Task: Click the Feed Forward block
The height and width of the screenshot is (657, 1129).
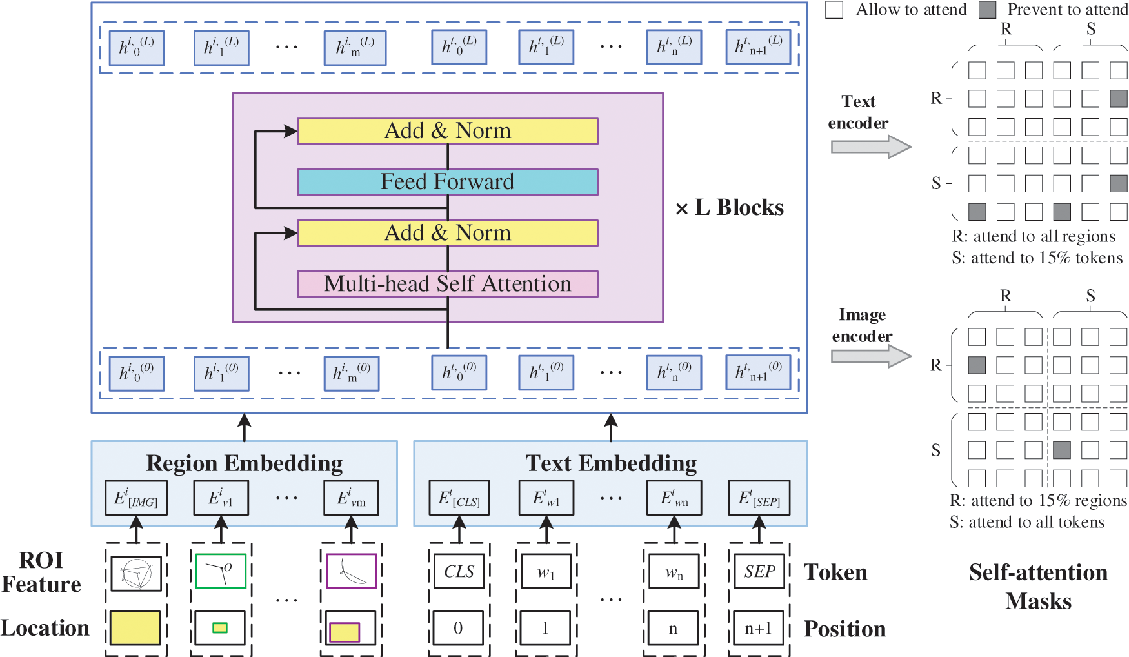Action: click(x=447, y=182)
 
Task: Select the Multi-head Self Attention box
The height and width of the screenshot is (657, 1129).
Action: click(x=447, y=284)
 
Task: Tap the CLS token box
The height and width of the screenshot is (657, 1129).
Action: click(x=459, y=571)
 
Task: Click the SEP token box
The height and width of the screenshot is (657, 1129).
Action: click(x=759, y=571)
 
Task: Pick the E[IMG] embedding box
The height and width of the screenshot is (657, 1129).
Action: click(x=136, y=498)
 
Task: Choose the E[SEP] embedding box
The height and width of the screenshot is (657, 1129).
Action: click(x=759, y=498)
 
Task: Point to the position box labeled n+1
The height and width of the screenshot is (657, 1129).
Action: click(x=759, y=628)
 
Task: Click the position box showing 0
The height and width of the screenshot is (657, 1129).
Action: click(x=458, y=628)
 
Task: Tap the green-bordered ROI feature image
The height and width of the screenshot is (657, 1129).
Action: click(x=221, y=571)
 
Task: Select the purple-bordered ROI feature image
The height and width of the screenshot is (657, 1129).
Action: click(x=351, y=571)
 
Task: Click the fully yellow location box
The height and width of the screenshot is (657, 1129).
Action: click(x=135, y=628)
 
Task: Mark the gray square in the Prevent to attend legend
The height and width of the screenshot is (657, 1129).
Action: click(x=987, y=10)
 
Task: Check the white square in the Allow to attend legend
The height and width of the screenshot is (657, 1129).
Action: click(x=834, y=10)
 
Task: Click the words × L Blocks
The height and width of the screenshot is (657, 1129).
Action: click(x=730, y=208)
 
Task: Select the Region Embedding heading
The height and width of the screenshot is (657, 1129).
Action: click(x=244, y=463)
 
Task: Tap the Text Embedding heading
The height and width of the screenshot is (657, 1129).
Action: click(x=610, y=463)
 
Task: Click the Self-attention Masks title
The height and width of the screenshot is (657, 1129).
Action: click(x=1038, y=587)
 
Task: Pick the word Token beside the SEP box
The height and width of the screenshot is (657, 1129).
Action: click(x=835, y=572)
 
